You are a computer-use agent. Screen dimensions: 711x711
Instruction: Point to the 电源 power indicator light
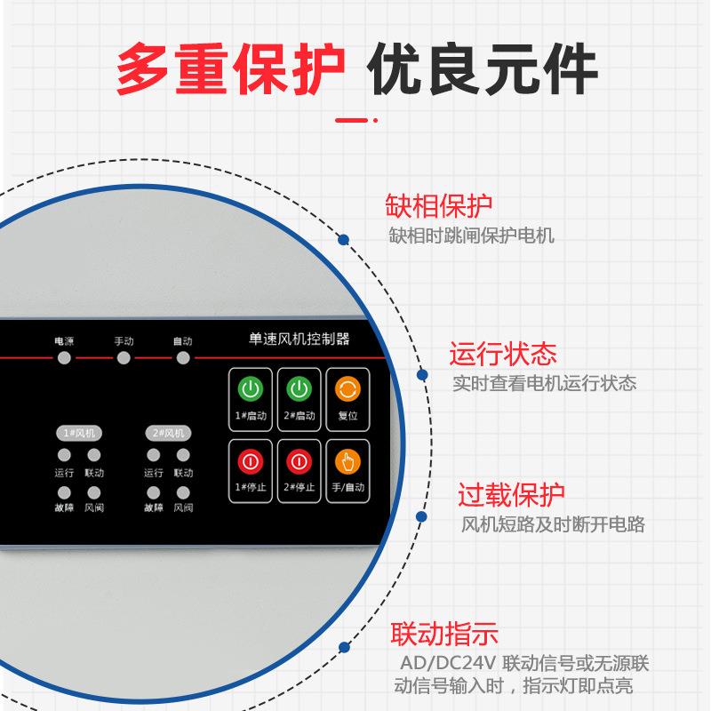pyautogui.click(x=63, y=358)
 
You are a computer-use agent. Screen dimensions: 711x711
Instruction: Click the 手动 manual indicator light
pyautogui.click(x=124, y=358)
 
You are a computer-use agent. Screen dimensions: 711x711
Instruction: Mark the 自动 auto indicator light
pyautogui.click(x=182, y=358)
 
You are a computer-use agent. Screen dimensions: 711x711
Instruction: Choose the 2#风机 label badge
pyautogui.click(x=169, y=433)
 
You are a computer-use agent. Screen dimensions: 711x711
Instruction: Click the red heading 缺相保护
pyautogui.click(x=438, y=206)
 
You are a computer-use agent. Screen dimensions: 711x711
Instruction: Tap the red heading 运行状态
pyautogui.click(x=503, y=354)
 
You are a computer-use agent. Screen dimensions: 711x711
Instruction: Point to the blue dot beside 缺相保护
pyautogui.click(x=344, y=239)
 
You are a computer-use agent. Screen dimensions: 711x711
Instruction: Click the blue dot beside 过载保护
pyautogui.click(x=421, y=515)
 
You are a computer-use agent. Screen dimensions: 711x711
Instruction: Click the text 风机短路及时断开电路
pyautogui.click(x=553, y=524)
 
